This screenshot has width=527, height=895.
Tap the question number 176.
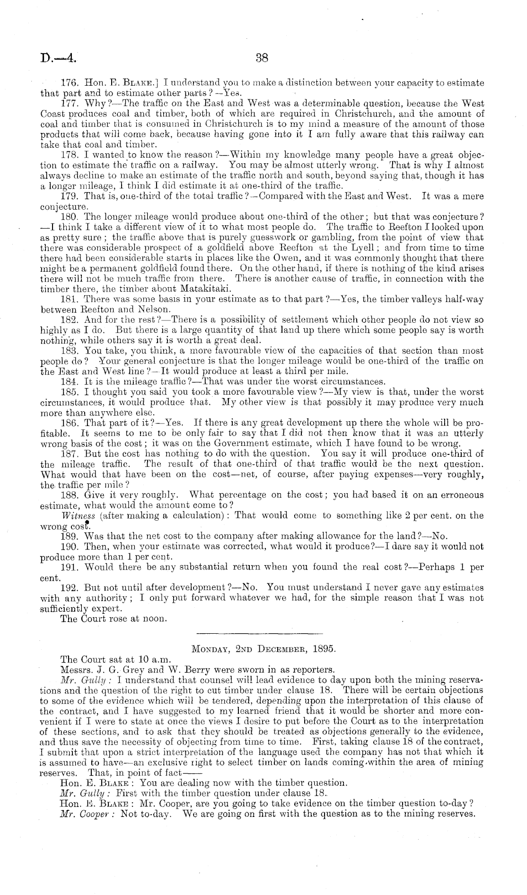70,83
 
